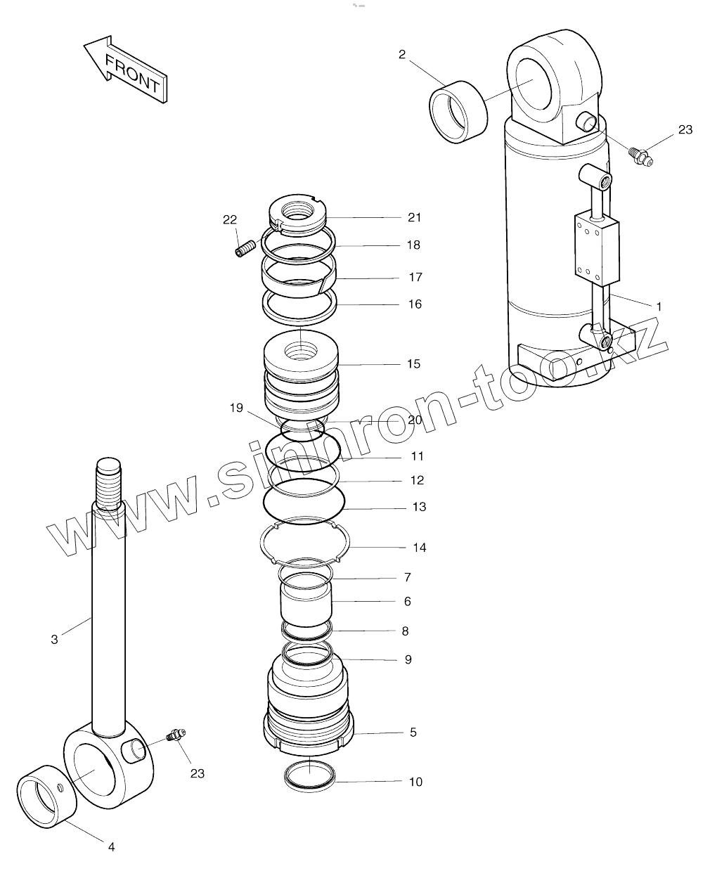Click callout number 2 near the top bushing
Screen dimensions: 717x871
point(402,54)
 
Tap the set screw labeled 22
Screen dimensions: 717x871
point(245,248)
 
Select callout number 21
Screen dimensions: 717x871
point(414,217)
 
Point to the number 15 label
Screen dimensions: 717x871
point(413,363)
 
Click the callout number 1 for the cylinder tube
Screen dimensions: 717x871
point(659,307)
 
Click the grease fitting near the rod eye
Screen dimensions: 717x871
point(174,735)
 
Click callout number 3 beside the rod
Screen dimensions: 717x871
point(55,639)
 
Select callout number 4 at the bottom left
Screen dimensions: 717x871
point(111,847)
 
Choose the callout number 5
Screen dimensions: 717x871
point(413,733)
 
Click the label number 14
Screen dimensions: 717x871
point(419,548)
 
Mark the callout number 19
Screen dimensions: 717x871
point(237,407)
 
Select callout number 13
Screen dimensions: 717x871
point(419,507)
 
